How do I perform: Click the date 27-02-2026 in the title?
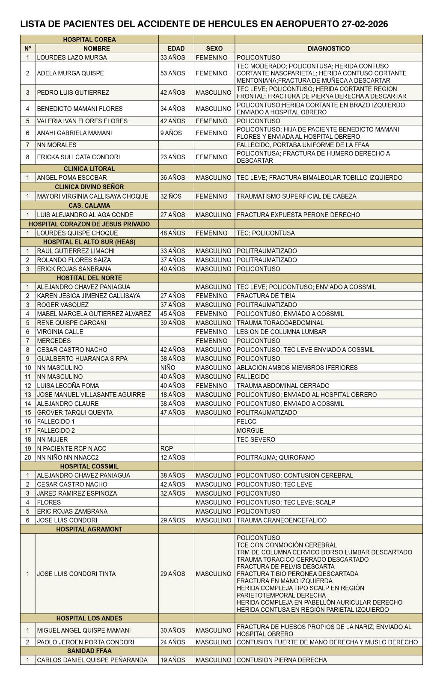(365, 24)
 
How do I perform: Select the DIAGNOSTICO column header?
(328, 49)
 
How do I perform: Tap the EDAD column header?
(176, 49)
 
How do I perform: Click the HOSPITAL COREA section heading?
(89, 39)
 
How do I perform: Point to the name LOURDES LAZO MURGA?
(72, 57)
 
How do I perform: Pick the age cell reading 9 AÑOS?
(171, 133)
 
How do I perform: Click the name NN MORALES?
(56, 145)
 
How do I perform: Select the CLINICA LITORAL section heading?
(89, 169)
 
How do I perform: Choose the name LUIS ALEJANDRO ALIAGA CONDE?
(85, 215)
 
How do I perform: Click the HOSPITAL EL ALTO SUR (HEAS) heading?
(89, 242)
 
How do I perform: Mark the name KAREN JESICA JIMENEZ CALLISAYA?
(88, 296)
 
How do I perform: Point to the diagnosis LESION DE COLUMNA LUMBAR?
(281, 332)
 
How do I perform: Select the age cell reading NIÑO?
(168, 368)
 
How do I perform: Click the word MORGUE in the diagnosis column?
(250, 431)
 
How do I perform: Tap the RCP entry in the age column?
(166, 449)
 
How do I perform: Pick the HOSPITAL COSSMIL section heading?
(89, 466)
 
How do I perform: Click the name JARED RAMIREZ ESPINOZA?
(77, 493)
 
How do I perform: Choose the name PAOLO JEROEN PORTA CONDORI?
(85, 642)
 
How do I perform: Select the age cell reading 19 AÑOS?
(173, 660)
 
